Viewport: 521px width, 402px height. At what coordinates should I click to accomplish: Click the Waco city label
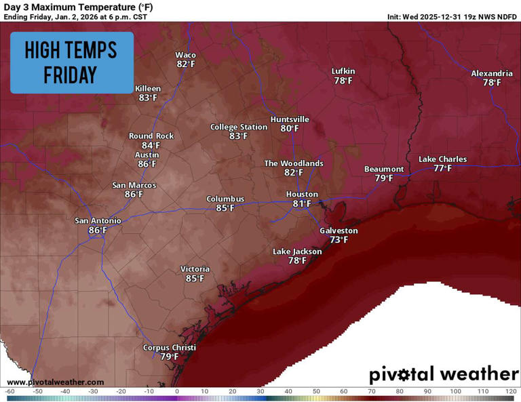[185, 55]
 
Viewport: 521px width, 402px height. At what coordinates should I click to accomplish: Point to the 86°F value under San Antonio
[98, 230]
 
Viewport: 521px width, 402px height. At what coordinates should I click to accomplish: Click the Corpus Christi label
[169, 348]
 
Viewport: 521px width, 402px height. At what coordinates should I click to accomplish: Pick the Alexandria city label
[492, 73]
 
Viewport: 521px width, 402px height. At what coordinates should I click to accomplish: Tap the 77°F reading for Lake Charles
[442, 168]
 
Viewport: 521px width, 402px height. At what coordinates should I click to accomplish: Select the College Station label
[238, 127]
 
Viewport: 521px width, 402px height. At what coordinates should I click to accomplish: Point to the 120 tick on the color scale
[509, 391]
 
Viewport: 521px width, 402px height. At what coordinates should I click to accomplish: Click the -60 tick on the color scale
[9, 391]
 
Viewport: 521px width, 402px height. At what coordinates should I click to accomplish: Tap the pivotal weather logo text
[444, 374]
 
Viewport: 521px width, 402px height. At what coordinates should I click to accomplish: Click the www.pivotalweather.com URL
[56, 382]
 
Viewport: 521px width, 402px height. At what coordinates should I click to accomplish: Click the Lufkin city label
[343, 71]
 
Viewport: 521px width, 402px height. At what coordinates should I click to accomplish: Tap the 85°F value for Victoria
[195, 279]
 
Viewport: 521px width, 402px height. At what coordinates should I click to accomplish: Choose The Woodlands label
[293, 163]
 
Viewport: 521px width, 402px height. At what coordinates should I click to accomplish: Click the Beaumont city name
[384, 169]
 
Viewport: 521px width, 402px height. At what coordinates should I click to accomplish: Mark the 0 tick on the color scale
[176, 391]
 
